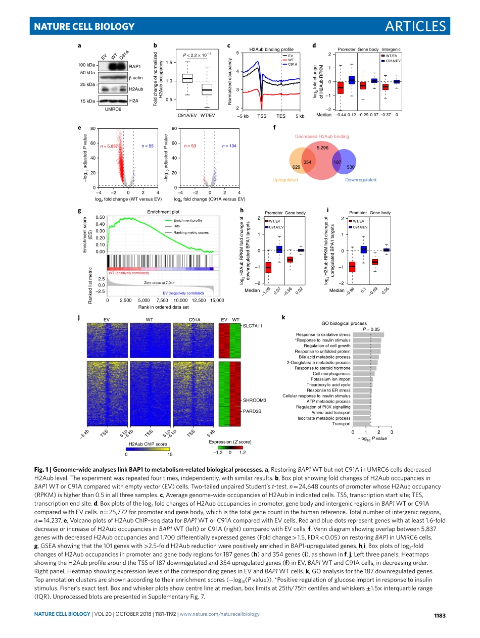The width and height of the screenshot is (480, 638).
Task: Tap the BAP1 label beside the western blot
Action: pyautogui.click(x=135, y=66)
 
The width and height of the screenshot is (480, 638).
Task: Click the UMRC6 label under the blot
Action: pyautogui.click(x=113, y=109)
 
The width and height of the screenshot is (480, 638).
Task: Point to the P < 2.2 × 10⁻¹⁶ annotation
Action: pyautogui.click(x=194, y=54)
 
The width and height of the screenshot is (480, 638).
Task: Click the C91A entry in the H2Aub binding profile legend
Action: pyautogui.click(x=292, y=65)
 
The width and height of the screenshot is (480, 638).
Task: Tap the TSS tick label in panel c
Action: pyautogui.click(x=262, y=116)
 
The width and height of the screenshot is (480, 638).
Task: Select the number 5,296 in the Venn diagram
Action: pyautogui.click(x=322, y=148)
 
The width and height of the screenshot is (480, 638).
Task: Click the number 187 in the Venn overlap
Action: pyautogui.click(x=338, y=162)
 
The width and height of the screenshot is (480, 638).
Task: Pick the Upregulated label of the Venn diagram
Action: pyautogui.click(x=285, y=180)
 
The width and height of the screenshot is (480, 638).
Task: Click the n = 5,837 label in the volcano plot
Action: pyautogui.click(x=109, y=146)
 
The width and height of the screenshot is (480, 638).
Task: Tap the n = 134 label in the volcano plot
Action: pyautogui.click(x=229, y=146)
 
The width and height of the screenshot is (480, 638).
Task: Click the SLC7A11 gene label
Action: pyautogui.click(x=253, y=326)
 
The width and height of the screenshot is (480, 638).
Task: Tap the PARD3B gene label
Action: pyautogui.click(x=251, y=411)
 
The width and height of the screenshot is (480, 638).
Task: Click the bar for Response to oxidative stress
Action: pyautogui.click(x=368, y=334)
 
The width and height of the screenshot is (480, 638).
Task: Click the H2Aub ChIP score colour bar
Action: pyautogui.click(x=148, y=449)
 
